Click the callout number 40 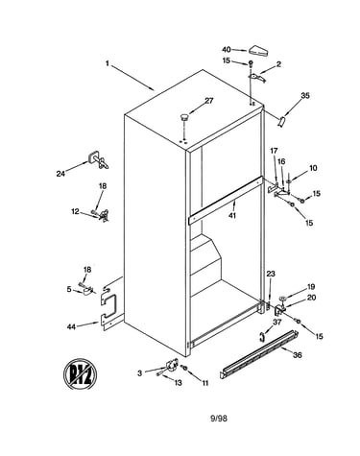pyautogui.click(x=227, y=50)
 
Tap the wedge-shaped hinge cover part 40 pyautogui.click(x=259, y=51)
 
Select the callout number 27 pyautogui.click(x=208, y=101)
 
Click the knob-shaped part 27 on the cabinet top pyautogui.click(x=184, y=117)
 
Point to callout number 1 pyautogui.click(x=108, y=63)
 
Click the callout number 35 pyautogui.click(x=305, y=95)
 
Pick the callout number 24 pyautogui.click(x=60, y=174)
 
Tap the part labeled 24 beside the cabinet pyautogui.click(x=98, y=159)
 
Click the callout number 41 pyautogui.click(x=232, y=215)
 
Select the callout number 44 pyautogui.click(x=71, y=326)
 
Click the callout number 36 pyautogui.click(x=298, y=355)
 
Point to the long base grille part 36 pyautogui.click(x=259, y=354)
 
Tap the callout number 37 pyautogui.click(x=276, y=322)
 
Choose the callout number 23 pyautogui.click(x=271, y=274)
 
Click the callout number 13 pyautogui.click(x=178, y=382)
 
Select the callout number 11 pyautogui.click(x=204, y=383)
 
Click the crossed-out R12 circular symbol pyautogui.click(x=80, y=373)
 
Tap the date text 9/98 pyautogui.click(x=219, y=418)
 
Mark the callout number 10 pyautogui.click(x=313, y=168)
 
